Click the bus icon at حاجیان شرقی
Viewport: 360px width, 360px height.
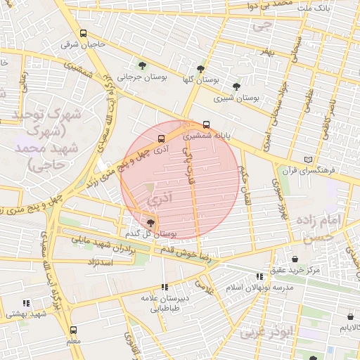[84, 34]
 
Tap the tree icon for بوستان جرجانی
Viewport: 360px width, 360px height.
[143, 66]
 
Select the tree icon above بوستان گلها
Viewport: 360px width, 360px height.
[201, 69]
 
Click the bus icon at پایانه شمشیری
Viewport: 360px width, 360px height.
[205, 125]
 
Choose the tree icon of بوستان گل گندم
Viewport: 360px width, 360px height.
[150, 221]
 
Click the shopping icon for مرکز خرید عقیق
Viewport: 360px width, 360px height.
[295, 258]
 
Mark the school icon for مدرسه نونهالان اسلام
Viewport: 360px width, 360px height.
[259, 276]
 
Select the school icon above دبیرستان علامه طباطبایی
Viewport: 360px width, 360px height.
[165, 287]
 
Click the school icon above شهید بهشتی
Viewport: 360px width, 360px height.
[26, 303]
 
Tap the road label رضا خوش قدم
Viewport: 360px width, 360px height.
[186, 253]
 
